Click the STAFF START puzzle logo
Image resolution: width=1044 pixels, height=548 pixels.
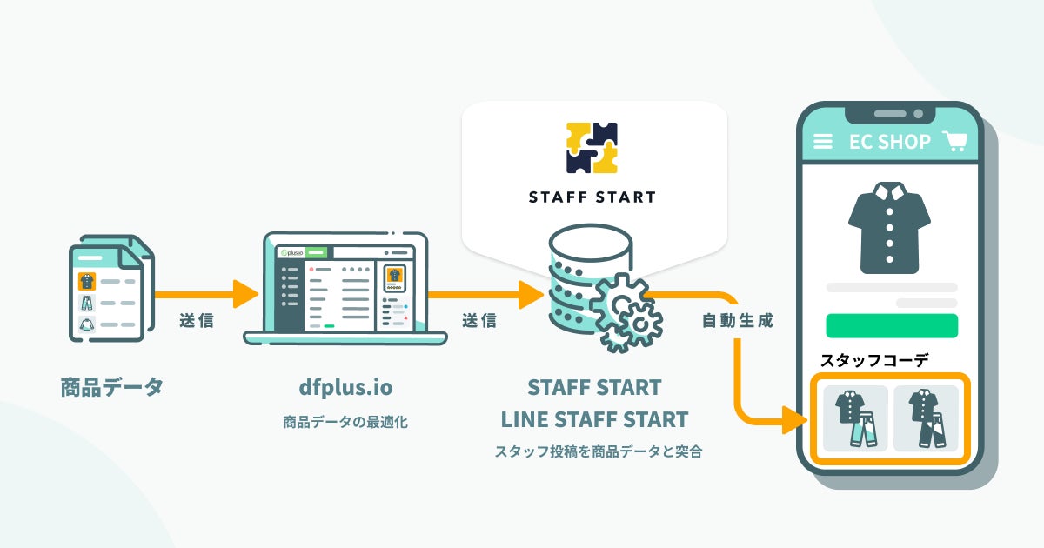tap(592, 148)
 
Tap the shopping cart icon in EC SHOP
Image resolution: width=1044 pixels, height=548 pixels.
tap(956, 142)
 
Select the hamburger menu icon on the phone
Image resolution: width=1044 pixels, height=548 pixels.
tap(822, 142)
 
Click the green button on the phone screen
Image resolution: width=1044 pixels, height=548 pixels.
tap(892, 325)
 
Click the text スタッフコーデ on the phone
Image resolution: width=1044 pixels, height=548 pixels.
tap(874, 359)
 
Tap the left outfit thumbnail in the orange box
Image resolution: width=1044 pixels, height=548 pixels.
tap(855, 418)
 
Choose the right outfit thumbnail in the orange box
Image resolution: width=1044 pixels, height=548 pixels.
tap(926, 418)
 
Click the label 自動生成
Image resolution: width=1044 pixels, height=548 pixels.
tap(737, 320)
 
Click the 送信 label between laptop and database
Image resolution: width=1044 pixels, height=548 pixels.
tap(479, 320)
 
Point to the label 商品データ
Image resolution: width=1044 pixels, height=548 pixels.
tap(112, 387)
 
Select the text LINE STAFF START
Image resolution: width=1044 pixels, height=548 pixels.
tap(594, 419)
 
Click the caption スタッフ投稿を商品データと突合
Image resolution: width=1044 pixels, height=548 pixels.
tap(598, 451)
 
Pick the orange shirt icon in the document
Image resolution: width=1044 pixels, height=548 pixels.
tap(87, 281)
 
